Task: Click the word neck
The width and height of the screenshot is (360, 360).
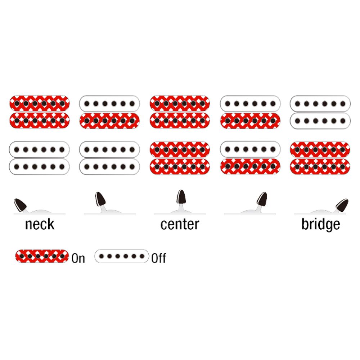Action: pos(40,224)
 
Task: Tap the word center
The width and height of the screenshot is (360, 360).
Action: pos(180,224)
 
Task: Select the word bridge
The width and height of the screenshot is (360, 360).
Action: pos(321,225)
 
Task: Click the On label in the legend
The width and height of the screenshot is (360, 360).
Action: pos(78,258)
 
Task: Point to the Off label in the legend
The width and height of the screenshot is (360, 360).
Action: pos(158,258)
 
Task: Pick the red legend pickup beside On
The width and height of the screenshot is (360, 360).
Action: pos(42,256)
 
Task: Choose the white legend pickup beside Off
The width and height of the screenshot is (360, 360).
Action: pos(122,256)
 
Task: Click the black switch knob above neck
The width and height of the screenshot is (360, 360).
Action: pos(20,205)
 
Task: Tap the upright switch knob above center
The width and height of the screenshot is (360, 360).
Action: pos(181,197)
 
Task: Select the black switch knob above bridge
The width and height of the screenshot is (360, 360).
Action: pos(342,205)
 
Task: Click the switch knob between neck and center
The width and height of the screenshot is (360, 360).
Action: pos(100,199)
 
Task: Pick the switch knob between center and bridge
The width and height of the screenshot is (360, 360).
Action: pos(262,199)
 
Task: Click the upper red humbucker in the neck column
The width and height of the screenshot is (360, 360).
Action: pos(40,112)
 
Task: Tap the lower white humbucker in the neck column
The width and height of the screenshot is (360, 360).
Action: pos(39,158)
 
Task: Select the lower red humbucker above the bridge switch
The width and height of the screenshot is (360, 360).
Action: pos(320,158)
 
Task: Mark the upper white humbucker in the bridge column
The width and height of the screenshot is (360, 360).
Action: pos(320,112)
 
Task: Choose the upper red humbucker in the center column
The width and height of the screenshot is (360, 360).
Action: pos(180,112)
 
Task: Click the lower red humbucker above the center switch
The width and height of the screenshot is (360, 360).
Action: pos(180,158)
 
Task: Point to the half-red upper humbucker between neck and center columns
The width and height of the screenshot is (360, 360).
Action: pos(109,112)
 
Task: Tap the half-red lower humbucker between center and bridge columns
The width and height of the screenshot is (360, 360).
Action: pos(250,158)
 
